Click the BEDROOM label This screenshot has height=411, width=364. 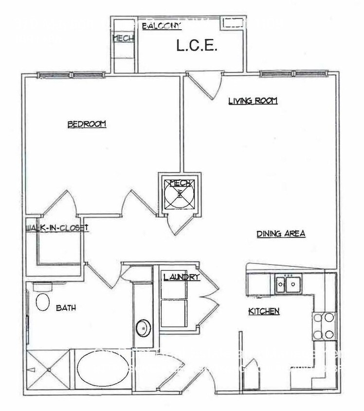point(87,124)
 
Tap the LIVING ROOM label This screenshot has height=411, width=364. point(253,101)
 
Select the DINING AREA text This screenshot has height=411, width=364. point(281,234)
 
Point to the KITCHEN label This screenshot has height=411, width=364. point(264,311)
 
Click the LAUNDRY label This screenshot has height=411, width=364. point(181,278)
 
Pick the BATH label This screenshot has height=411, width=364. point(65,308)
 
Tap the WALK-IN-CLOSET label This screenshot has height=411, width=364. point(56,227)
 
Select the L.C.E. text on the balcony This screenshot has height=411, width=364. point(196,47)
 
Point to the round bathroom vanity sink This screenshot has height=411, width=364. point(143,328)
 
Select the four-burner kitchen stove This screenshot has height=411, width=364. point(324,326)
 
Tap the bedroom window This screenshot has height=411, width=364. point(72,75)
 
